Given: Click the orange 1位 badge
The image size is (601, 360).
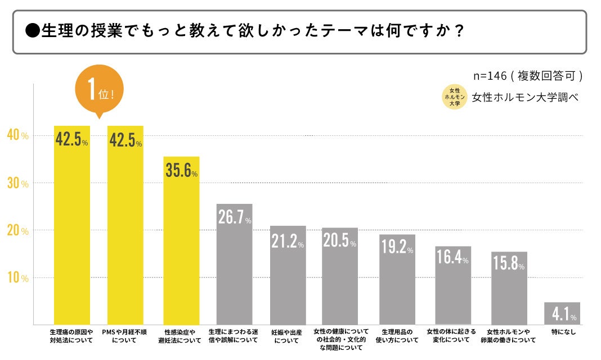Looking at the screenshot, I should (x=98, y=90).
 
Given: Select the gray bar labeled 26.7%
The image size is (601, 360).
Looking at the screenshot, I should (x=234, y=264).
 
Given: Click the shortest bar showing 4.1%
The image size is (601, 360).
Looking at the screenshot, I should (x=562, y=313).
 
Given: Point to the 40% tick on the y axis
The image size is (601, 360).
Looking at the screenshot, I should (x=17, y=135).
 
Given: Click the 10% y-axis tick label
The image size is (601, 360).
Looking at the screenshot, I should (x=17, y=278).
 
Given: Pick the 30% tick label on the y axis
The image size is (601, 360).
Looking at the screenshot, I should (x=17, y=184).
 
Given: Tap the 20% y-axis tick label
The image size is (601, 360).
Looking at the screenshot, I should (x=17, y=231).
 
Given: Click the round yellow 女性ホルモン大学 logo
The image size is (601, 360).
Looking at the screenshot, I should (x=455, y=97).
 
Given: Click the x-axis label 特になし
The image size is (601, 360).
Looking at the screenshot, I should (x=562, y=332).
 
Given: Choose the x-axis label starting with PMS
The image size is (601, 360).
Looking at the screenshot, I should (x=125, y=336).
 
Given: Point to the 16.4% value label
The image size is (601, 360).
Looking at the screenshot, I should (x=452, y=257).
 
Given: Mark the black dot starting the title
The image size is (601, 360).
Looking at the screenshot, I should (x=32, y=30).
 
